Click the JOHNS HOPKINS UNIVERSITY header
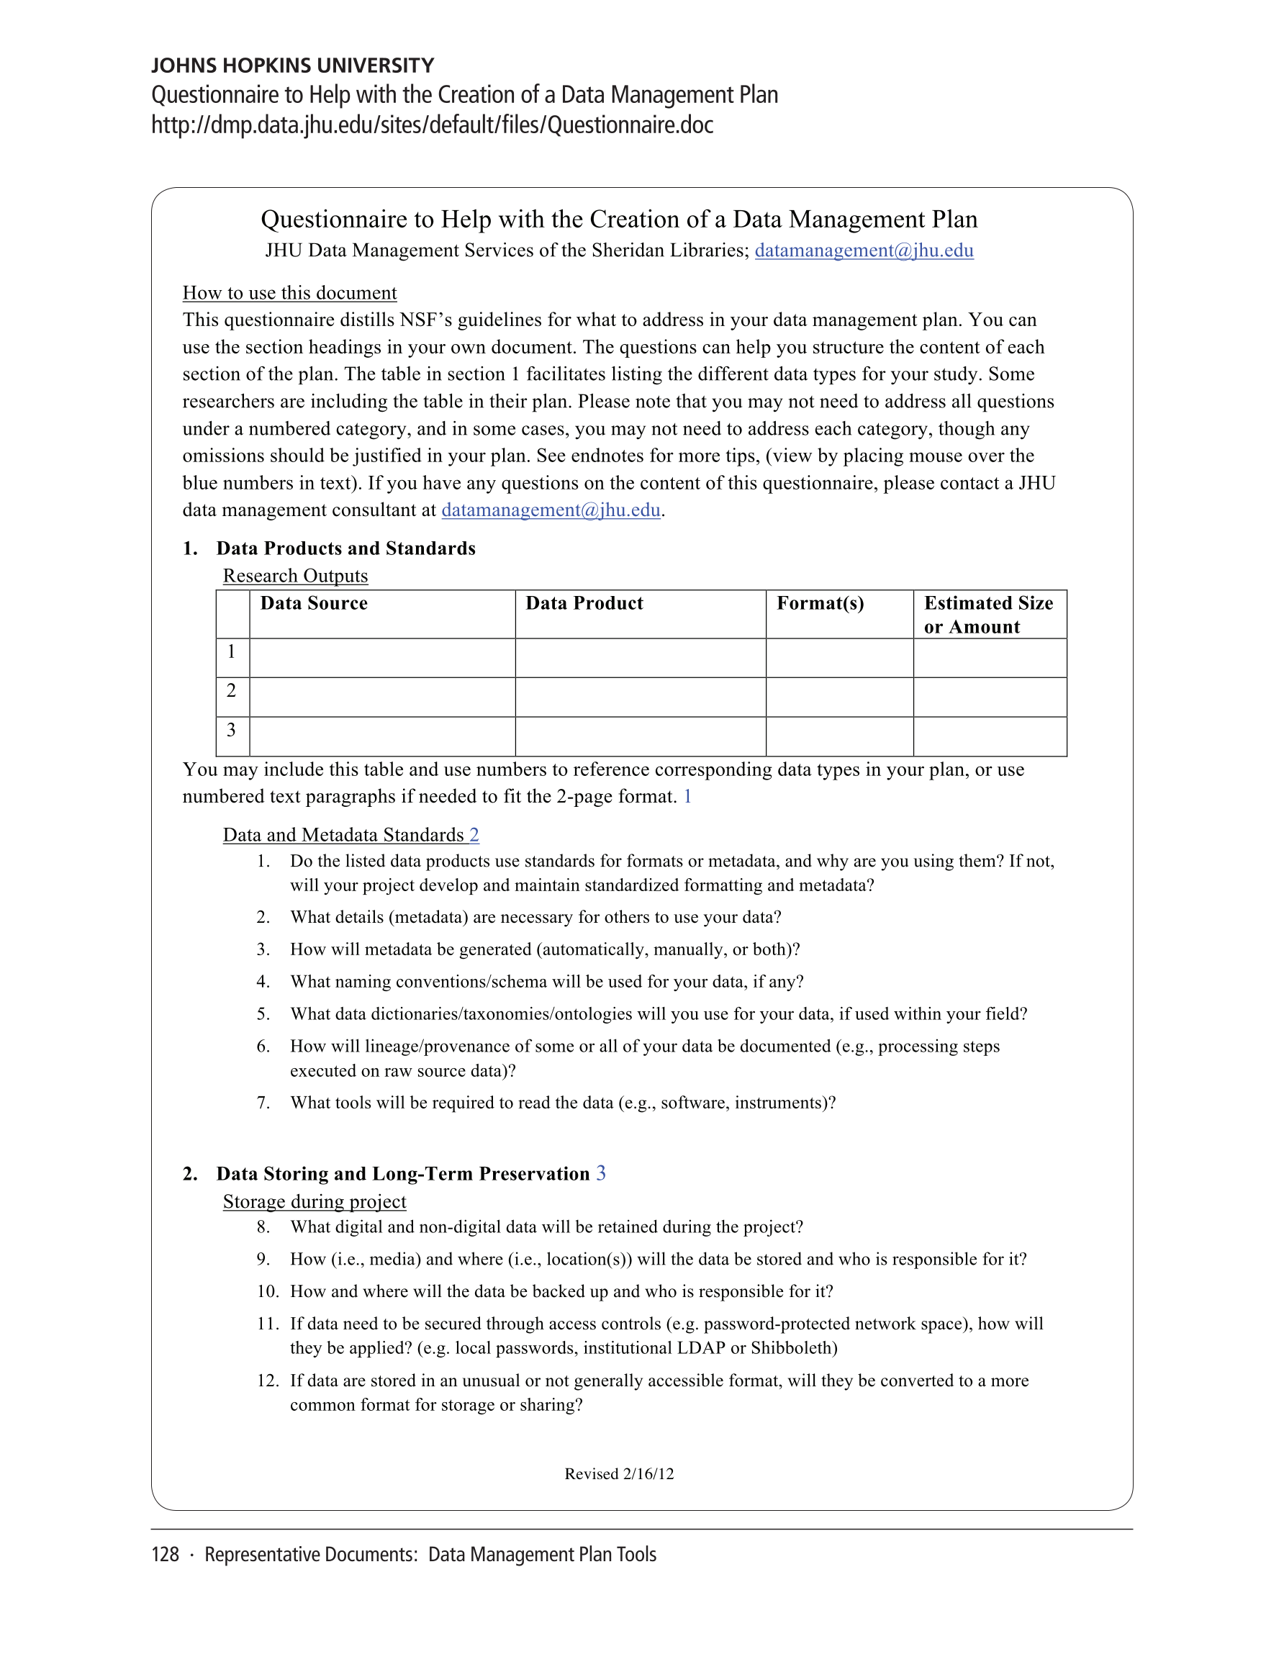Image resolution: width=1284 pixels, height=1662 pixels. [x=292, y=66]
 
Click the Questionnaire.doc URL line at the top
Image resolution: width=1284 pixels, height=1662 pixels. [x=433, y=125]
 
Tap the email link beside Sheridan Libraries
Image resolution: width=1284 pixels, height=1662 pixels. [x=863, y=250]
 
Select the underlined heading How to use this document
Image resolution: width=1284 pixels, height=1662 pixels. [x=289, y=293]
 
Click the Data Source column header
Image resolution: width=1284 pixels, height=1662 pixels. [x=314, y=603]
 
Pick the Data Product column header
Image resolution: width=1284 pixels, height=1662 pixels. [x=584, y=603]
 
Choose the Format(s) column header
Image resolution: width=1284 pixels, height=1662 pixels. [x=820, y=603]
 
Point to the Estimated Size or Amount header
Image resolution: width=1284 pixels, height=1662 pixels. [x=988, y=615]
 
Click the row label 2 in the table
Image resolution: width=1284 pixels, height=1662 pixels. [x=231, y=691]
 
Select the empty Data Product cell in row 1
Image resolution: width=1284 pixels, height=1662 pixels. [x=640, y=657]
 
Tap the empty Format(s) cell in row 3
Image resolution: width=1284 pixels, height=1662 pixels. [x=838, y=736]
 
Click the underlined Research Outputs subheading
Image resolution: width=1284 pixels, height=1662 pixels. [x=295, y=576]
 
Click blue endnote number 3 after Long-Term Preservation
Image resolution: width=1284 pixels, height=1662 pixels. [x=600, y=1173]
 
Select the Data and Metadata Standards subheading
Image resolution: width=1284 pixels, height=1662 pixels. [x=343, y=835]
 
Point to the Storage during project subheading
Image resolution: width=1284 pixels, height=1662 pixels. [x=315, y=1201]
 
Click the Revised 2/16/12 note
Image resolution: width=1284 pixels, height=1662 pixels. [x=619, y=1474]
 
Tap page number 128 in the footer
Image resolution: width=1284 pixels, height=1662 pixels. [x=165, y=1555]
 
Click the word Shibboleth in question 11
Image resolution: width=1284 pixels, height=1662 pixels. [x=793, y=1347]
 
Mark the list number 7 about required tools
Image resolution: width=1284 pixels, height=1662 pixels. [x=263, y=1103]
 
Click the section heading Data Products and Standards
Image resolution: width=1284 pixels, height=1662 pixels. [x=345, y=548]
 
